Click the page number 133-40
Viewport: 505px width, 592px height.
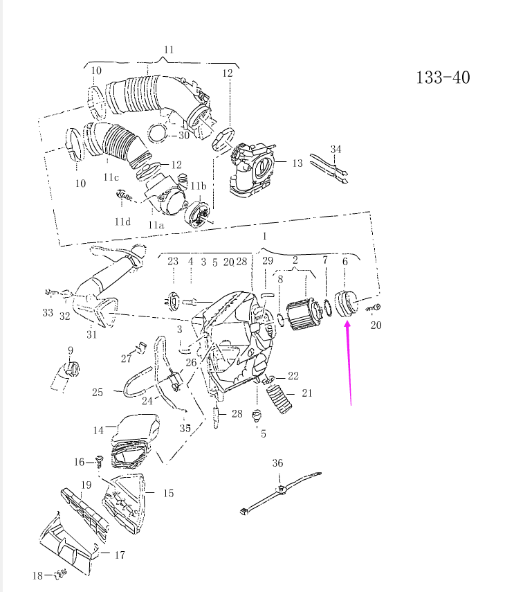pyautogui.click(x=442, y=77)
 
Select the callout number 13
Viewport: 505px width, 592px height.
pyautogui.click(x=297, y=163)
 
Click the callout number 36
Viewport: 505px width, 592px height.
pyautogui.click(x=277, y=463)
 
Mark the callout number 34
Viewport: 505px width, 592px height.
pyautogui.click(x=336, y=149)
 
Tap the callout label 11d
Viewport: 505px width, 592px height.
pyautogui.click(x=122, y=221)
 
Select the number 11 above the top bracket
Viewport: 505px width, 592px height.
pyautogui.click(x=169, y=50)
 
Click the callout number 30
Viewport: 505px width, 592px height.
pyautogui.click(x=183, y=135)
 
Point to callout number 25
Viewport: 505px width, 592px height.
pyautogui.click(x=98, y=393)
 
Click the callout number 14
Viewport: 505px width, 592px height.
pyautogui.click(x=98, y=431)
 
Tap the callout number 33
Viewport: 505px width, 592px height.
pyautogui.click(x=47, y=313)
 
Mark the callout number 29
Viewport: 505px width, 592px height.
pyautogui.click(x=267, y=261)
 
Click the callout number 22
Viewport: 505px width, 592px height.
pyautogui.click(x=293, y=375)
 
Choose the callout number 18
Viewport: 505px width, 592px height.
pyautogui.click(x=37, y=575)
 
